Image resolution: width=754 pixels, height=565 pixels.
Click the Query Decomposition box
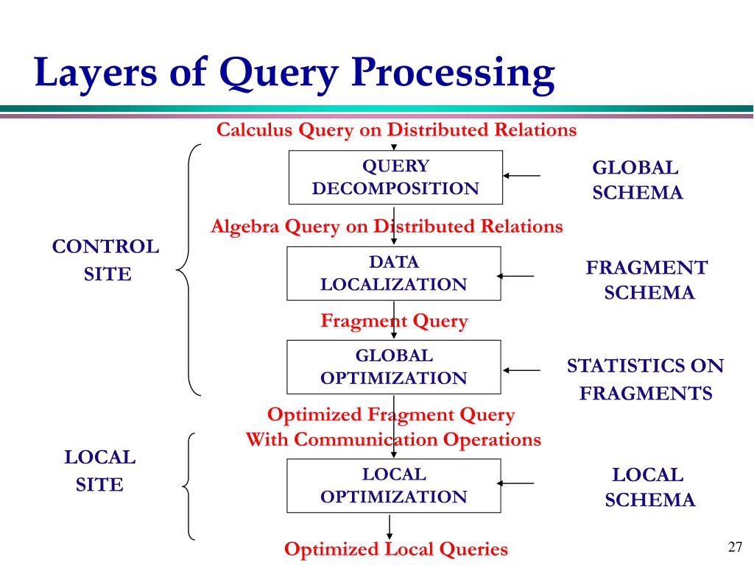[x=395, y=177]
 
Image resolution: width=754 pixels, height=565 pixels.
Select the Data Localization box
[x=394, y=274]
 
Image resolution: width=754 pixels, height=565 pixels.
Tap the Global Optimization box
[x=394, y=367]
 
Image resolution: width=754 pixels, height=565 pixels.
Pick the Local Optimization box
[x=394, y=486]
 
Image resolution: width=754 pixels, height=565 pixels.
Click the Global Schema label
[x=637, y=180]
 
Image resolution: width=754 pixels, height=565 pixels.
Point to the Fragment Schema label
[x=647, y=280]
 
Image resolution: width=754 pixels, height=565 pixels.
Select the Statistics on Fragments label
[x=645, y=380]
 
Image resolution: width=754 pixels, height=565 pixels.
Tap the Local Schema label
[x=649, y=487]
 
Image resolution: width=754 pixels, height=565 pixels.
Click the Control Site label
[x=106, y=260]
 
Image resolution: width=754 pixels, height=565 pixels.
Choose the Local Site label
[x=100, y=470]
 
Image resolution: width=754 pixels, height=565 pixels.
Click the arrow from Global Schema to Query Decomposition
[x=522, y=176]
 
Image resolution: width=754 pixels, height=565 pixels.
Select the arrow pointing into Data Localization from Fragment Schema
[x=515, y=277]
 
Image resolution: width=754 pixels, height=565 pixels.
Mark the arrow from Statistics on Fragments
[x=522, y=371]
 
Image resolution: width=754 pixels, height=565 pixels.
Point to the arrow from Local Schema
[x=515, y=483]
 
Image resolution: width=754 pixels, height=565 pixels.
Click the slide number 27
[x=736, y=547]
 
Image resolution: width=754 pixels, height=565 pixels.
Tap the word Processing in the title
[x=453, y=73]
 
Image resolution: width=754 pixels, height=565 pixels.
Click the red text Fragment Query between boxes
[x=395, y=321]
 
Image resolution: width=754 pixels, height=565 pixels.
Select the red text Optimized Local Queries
[x=395, y=549]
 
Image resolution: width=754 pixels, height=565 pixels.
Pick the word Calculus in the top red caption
[x=254, y=129]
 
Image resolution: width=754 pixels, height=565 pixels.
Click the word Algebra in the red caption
[x=244, y=227]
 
